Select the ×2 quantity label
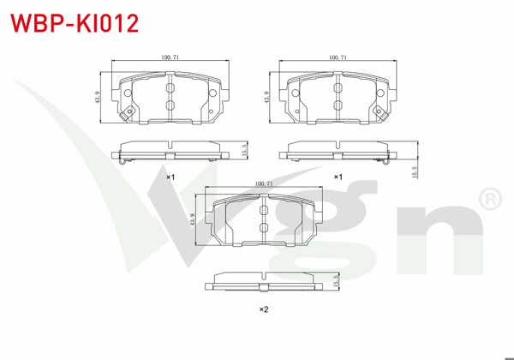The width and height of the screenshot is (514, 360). click(265, 309)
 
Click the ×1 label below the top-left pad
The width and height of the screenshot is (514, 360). click(170, 177)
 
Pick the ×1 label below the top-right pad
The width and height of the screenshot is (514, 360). click(338, 177)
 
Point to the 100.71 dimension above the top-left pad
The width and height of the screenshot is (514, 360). click(170, 57)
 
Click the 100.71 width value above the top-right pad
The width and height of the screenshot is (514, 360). click(338, 57)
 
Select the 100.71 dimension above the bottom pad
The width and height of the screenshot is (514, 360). click(265, 183)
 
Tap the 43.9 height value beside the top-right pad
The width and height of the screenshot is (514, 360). click(268, 96)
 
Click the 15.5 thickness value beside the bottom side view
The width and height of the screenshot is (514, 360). click(337, 279)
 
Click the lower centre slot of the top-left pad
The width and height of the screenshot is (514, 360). click(170, 105)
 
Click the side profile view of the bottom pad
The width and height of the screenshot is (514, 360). click(265, 280)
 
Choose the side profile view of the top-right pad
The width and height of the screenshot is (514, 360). click(337, 151)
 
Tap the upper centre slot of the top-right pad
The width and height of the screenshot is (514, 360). click(338, 83)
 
